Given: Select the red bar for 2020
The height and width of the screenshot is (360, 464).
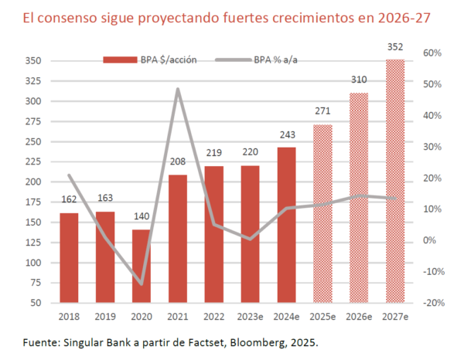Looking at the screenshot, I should click(142, 266).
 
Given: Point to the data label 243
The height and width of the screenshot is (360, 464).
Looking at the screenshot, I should click(286, 135).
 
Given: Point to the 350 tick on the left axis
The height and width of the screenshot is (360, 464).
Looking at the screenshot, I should click(34, 61).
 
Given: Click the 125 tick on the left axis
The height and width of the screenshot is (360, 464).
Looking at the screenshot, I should click(34, 243).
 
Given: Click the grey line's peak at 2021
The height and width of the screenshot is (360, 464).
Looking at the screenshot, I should click(178, 89).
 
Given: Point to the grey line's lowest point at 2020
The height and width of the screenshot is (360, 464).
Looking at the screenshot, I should click(142, 284).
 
